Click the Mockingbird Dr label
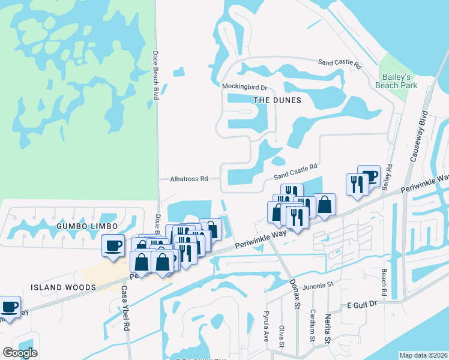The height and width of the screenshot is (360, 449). tap(244, 86)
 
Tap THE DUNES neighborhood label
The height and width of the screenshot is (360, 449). tap(277, 100)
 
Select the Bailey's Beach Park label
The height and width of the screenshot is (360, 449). tap(396, 81)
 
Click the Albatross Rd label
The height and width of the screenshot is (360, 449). tap(188, 179)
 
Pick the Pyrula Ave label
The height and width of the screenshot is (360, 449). tap(266, 326)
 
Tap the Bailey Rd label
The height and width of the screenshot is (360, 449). tap(388, 178)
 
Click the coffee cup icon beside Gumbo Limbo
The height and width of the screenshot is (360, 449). tap(113, 245)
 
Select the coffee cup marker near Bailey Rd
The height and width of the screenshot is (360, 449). tap(369, 176)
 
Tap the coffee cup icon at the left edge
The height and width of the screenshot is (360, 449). tap(10, 306)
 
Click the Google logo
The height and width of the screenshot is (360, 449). tap(20, 353)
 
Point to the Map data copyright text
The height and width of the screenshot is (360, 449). tap(423, 355)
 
